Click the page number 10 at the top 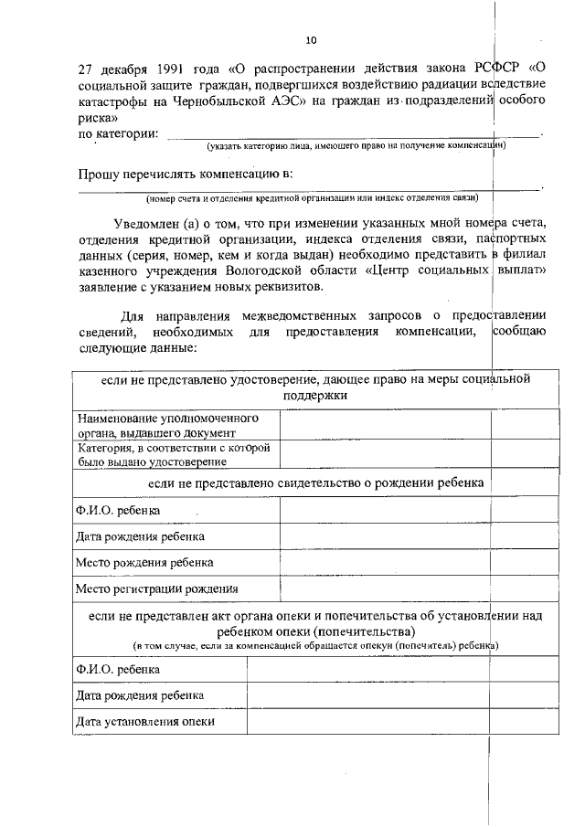(x=312, y=41)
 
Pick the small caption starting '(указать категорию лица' (x=357, y=145)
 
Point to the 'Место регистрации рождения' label (x=156, y=589)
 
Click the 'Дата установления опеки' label (x=145, y=721)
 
